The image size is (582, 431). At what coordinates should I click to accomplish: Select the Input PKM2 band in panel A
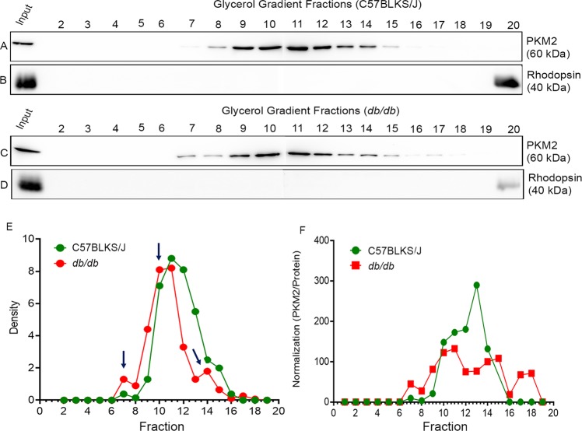coord(24,44)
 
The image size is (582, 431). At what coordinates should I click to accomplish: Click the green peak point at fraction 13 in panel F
coord(476,285)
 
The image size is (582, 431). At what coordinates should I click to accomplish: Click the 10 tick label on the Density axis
coord(44,240)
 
